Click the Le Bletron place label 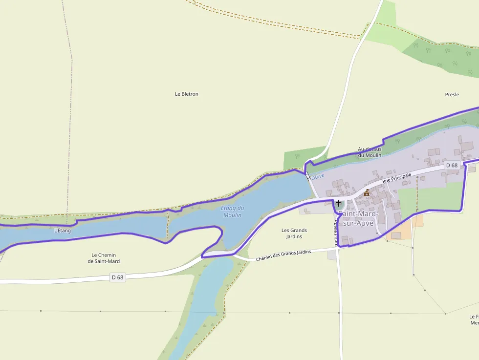[187, 94]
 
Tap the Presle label [452, 95]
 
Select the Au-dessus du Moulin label [370, 152]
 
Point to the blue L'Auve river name [318, 176]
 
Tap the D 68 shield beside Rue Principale [452, 166]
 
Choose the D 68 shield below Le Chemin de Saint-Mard [117, 277]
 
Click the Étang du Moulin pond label [233, 212]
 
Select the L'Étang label [63, 231]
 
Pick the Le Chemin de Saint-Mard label [104, 258]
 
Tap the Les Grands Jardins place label [294, 233]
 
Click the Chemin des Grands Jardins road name [283, 255]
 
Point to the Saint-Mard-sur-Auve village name [357, 218]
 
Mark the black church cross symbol [338, 202]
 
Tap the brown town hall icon [367, 192]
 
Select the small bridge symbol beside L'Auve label [308, 176]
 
